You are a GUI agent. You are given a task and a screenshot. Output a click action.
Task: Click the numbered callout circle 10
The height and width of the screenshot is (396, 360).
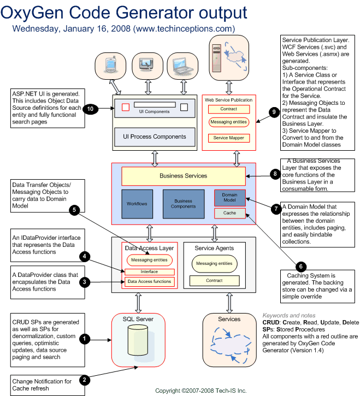coord(90,109)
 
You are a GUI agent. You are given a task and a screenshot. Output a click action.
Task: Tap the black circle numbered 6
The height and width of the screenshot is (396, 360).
coord(300,266)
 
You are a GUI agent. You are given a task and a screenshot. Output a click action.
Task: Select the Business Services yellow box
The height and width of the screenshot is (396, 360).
coord(184,176)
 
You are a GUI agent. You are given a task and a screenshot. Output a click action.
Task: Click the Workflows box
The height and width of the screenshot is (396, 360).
coord(137,204)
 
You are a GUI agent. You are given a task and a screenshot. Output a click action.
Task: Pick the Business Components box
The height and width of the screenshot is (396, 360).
coord(184,204)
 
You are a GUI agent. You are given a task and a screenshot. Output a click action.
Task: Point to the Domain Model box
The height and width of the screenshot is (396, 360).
coord(230,198)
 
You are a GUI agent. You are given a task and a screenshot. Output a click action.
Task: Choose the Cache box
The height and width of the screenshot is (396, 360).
coord(230,213)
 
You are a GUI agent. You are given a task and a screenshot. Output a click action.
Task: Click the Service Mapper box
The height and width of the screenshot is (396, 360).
coord(229,138)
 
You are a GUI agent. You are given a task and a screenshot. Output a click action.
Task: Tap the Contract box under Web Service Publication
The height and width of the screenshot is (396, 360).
coord(229,109)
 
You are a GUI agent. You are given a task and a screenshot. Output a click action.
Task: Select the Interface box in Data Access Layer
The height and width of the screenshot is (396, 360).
coord(150,272)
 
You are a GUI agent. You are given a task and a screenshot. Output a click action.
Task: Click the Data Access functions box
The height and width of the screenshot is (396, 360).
coord(150,282)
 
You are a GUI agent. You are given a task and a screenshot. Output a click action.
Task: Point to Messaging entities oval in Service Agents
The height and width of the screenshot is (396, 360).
coord(215,264)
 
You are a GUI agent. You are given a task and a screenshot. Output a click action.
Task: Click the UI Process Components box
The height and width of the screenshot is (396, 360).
coord(155,137)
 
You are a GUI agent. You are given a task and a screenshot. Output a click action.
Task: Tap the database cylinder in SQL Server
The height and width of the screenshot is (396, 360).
coord(138,340)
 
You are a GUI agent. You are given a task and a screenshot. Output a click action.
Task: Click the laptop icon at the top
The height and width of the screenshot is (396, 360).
coord(182,65)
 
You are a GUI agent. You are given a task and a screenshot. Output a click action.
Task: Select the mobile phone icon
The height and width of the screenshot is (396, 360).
coord(111,64)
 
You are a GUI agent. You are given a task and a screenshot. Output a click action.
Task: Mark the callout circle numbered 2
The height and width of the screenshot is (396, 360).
coord(84,380)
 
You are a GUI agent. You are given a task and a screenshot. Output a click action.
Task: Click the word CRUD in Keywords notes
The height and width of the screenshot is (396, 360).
coord(270,322)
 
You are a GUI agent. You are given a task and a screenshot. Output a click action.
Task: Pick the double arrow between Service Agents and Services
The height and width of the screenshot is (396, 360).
coord(229,303)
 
